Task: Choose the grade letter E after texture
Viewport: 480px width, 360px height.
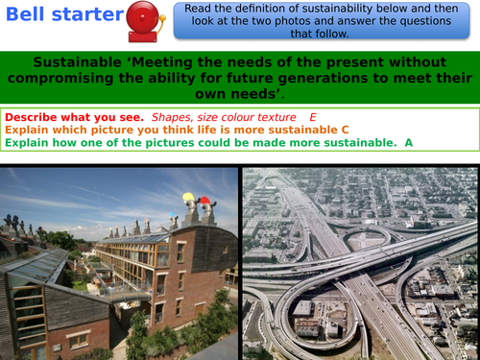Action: [x=312, y=116]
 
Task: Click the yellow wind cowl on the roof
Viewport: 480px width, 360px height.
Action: [x=187, y=199]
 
